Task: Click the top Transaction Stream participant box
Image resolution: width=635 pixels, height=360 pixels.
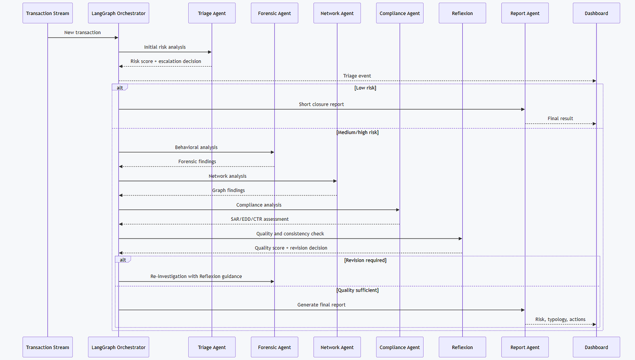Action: [x=48, y=13]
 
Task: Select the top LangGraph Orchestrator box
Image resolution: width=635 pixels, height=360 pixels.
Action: [x=118, y=13]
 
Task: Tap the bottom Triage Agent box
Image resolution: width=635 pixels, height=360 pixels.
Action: [x=212, y=347]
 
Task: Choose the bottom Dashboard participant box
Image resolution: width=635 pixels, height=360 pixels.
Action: [x=596, y=347]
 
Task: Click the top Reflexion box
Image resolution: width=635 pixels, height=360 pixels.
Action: [x=462, y=13]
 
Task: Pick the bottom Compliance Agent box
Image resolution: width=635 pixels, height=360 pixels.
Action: [x=400, y=347]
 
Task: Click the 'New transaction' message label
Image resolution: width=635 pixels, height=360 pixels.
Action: [x=83, y=32]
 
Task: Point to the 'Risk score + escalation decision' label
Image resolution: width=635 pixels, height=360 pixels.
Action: [x=166, y=61]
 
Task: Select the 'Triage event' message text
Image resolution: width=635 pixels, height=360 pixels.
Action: [x=357, y=76]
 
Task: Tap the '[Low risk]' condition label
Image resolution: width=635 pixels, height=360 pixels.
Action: [x=365, y=88]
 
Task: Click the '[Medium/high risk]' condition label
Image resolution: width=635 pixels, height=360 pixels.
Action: [x=357, y=132]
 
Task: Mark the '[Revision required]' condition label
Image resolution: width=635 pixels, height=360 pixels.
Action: [x=365, y=260]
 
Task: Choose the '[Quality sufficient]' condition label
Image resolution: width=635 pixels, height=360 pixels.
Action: [x=357, y=290]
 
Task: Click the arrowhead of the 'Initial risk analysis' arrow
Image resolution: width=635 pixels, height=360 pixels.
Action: [x=210, y=52]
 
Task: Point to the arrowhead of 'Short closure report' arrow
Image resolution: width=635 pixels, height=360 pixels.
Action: [x=523, y=109]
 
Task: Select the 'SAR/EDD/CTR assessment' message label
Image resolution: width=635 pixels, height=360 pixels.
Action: [x=259, y=219]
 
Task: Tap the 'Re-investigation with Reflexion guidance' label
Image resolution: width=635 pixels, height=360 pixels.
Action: [x=196, y=277]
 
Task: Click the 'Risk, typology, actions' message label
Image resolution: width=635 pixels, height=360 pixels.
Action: [x=560, y=320]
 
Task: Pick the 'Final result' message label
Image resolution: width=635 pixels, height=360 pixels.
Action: [x=560, y=118]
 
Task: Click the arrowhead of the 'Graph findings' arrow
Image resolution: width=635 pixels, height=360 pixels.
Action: [x=121, y=195]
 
